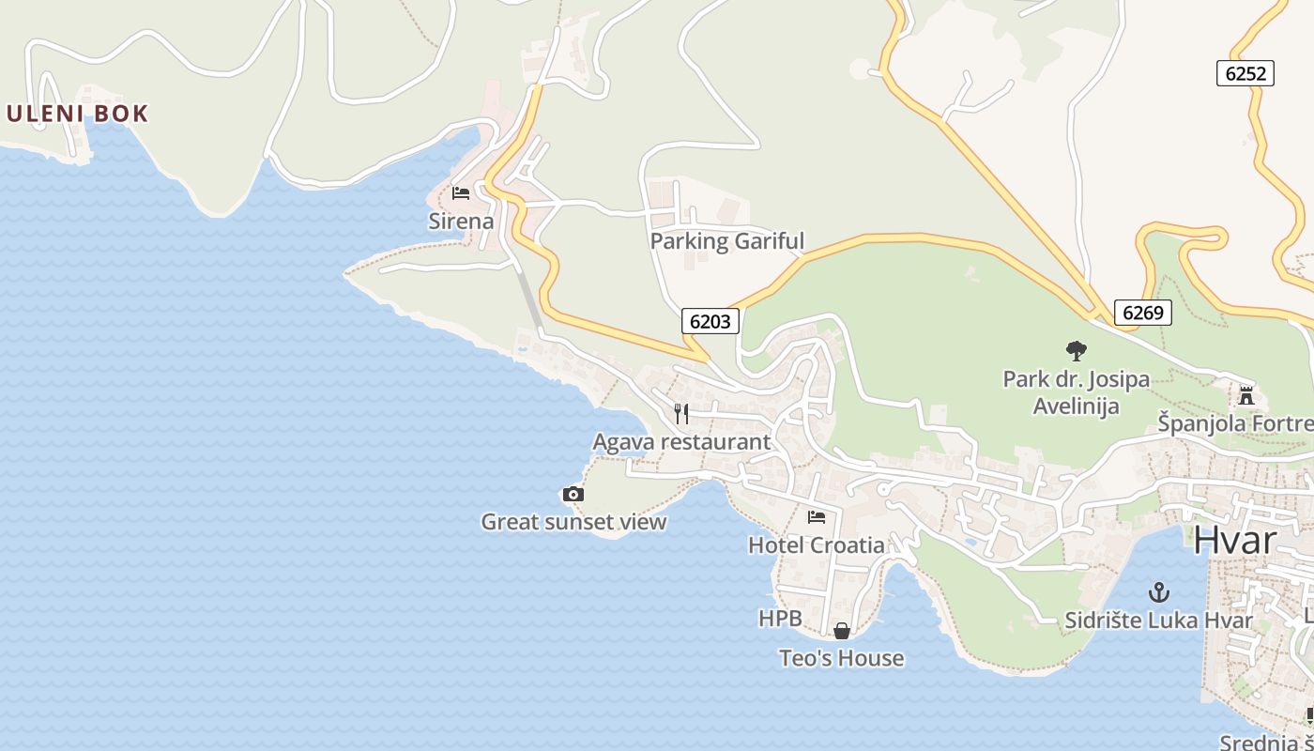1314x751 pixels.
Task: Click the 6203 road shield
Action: click(710, 321)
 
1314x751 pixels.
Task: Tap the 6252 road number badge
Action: click(1245, 73)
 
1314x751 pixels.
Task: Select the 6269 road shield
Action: click(1143, 312)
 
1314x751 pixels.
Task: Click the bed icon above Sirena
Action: click(461, 193)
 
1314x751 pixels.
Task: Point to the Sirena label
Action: click(461, 222)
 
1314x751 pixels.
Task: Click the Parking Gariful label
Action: click(726, 241)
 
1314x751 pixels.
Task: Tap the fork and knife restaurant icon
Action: click(682, 413)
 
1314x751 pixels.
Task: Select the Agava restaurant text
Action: click(681, 441)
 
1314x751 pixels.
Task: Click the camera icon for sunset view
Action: click(573, 494)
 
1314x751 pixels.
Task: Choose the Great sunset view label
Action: click(573, 522)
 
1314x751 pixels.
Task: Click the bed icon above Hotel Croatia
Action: click(817, 516)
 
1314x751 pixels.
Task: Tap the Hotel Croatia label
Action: click(816, 544)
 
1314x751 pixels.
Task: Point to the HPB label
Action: click(780, 619)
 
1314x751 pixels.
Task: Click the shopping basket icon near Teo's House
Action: click(842, 631)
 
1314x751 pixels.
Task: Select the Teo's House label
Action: click(841, 658)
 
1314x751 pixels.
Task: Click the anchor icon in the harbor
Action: click(1159, 592)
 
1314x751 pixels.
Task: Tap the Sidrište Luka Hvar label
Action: click(1158, 621)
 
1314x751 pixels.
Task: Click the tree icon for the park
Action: click(1076, 351)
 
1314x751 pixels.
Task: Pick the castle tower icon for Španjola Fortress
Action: click(1246, 395)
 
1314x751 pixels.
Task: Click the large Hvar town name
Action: click(1235, 541)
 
